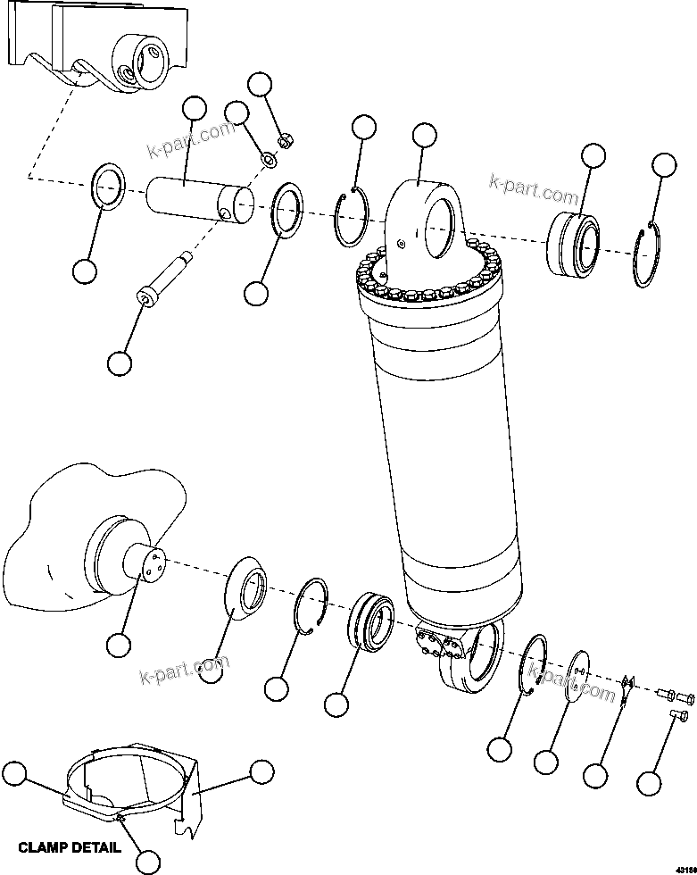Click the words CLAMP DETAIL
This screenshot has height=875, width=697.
69,847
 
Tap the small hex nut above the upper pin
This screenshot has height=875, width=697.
286,139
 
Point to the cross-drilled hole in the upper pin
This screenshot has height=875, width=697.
225,214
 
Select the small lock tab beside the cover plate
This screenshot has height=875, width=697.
627,687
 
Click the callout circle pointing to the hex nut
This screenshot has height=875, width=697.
260,85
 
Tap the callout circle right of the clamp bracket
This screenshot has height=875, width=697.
261,771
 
